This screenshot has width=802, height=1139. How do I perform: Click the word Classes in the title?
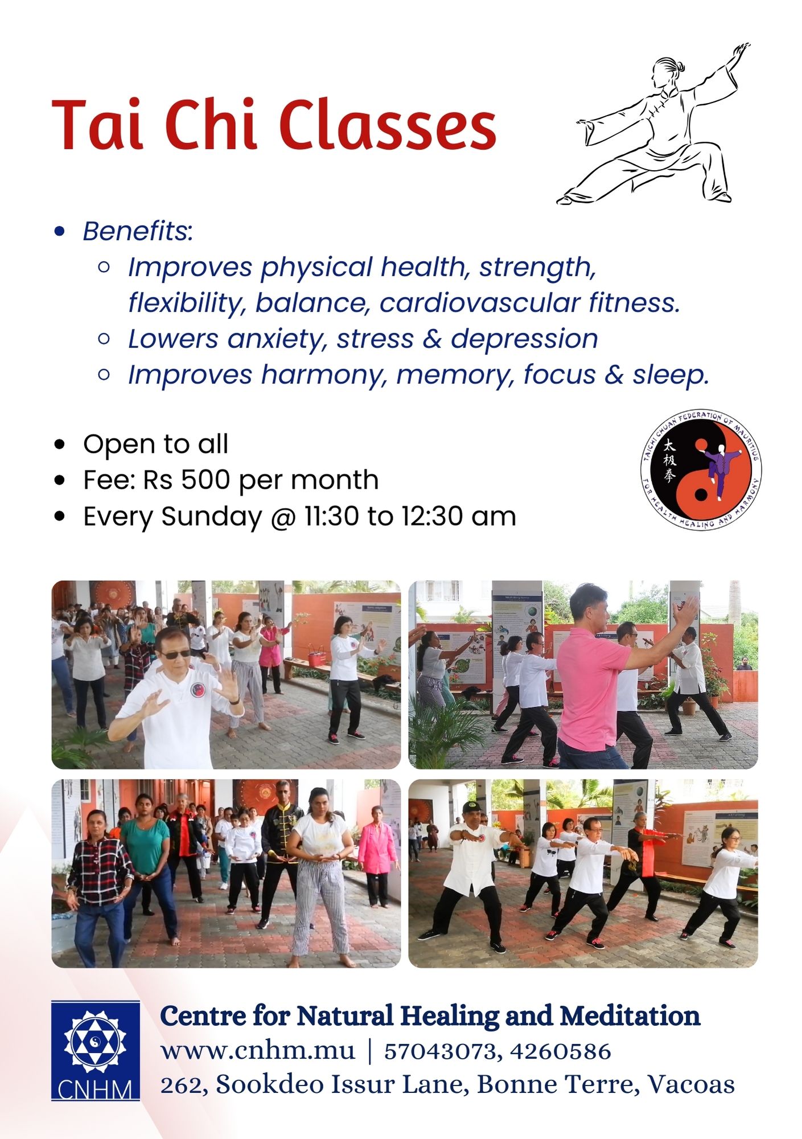[x=387, y=125]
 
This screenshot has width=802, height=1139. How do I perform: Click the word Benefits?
[x=135, y=231]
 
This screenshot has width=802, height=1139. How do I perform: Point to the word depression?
[x=524, y=339]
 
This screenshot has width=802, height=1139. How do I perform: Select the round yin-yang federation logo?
[x=701, y=470]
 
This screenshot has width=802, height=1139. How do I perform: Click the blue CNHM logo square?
[x=96, y=1051]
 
